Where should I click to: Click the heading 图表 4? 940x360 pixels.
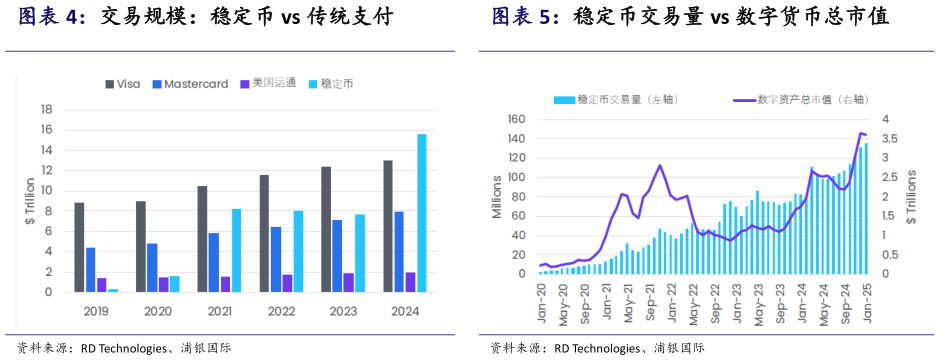(52, 17)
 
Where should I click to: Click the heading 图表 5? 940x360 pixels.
(525, 17)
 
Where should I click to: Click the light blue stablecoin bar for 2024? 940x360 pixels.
(421, 213)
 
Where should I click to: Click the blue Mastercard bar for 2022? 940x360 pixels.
(275, 259)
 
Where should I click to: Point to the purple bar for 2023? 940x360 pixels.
(348, 282)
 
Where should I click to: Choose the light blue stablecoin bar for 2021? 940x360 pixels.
(236, 250)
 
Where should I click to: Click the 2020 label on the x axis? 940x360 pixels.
(158, 311)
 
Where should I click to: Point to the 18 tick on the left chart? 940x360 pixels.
(45, 110)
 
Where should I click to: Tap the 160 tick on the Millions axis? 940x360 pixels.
(515, 119)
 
